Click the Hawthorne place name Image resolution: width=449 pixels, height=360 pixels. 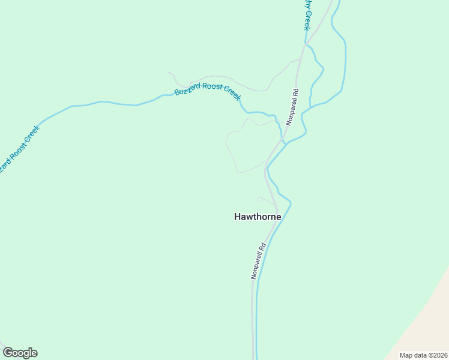point(258,217)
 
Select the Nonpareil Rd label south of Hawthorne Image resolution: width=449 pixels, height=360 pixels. point(258,260)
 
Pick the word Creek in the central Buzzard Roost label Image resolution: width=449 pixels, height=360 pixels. point(232,92)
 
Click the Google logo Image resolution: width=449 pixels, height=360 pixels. point(20,353)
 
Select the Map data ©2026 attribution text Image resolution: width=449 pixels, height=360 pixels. point(423,355)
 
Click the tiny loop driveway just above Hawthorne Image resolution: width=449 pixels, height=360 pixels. point(260,199)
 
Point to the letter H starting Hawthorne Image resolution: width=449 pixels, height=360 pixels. point(237,217)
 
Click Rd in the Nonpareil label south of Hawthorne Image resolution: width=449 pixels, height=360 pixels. point(262,247)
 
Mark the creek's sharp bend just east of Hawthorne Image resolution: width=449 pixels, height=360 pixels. point(290,204)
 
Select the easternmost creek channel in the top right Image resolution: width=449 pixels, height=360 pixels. point(345,60)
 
